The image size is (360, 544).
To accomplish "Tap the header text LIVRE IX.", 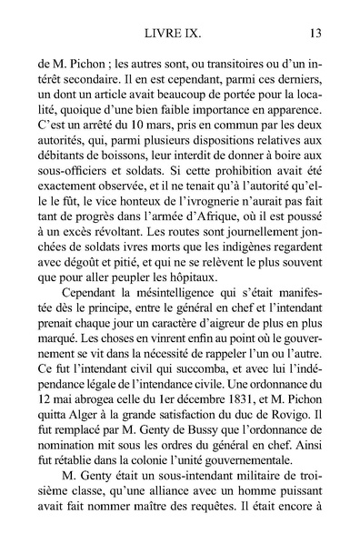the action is pos(181,35).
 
